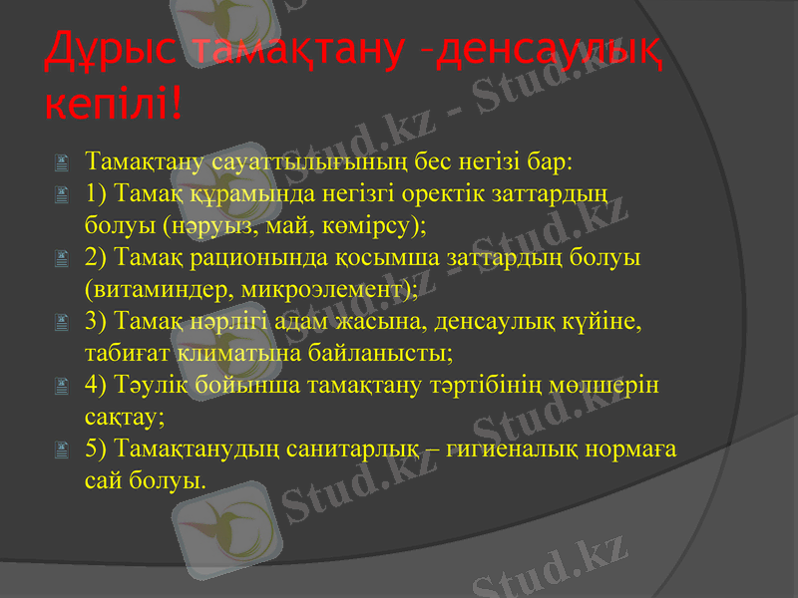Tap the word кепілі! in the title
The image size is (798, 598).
(113, 100)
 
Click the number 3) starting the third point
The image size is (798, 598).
(97, 322)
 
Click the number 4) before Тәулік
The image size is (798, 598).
(97, 386)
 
